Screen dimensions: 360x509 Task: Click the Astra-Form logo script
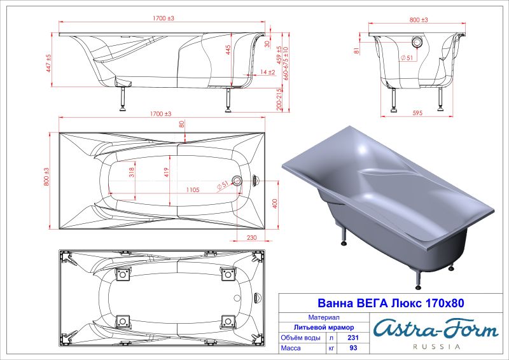point(435,328)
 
